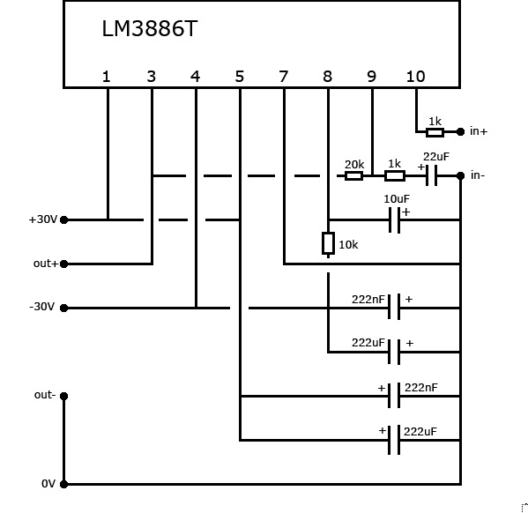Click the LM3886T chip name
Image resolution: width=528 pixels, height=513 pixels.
coord(149,28)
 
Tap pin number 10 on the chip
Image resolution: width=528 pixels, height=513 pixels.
coord(416,77)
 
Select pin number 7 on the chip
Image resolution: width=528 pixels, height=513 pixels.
coord(284,77)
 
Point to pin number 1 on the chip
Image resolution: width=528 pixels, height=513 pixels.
coord(107,77)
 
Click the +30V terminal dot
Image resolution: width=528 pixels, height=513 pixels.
coord(64,220)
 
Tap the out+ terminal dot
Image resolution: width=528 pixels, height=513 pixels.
coord(64,264)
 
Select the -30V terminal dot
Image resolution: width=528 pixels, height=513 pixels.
coord(64,309)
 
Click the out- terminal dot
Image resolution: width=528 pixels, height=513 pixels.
coord(64,397)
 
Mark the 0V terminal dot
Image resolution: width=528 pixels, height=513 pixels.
coord(64,485)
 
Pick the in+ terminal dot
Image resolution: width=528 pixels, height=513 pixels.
coord(460,131)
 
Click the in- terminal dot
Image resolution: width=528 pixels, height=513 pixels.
coord(460,175)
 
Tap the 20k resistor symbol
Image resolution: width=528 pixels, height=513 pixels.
coord(353,175)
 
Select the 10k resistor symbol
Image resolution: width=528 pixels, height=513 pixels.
coord(328,243)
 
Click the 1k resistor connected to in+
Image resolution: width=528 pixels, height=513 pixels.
coord(435,132)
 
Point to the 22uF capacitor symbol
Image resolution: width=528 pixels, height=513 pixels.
coord(431,175)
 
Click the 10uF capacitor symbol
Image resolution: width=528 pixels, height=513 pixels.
coord(394,220)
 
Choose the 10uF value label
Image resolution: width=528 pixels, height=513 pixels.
coord(397,199)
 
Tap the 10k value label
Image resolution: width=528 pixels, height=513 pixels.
coord(348,245)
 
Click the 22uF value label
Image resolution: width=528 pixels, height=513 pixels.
coord(436,157)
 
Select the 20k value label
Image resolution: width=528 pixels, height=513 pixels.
coord(354,164)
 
